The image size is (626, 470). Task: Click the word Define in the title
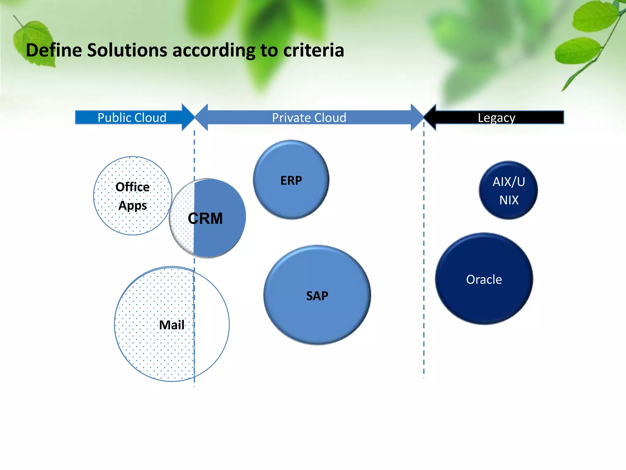click(54, 50)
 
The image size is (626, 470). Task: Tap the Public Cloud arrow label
click(132, 117)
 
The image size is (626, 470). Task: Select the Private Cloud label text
click(309, 117)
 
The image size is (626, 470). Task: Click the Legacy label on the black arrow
click(496, 117)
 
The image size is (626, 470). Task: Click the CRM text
click(205, 218)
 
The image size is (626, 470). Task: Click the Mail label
click(172, 325)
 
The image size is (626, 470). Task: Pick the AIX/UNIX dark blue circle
click(508, 190)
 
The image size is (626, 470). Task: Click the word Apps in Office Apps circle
click(133, 205)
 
